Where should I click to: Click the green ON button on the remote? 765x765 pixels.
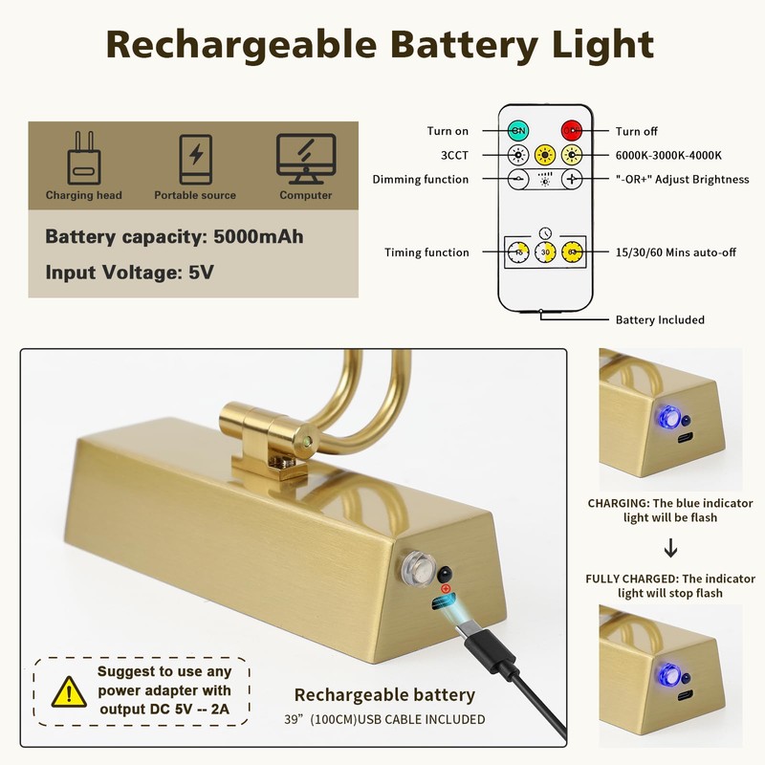(x=518, y=131)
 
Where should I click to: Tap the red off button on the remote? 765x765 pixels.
(x=572, y=131)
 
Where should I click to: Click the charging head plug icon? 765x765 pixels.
(x=83, y=159)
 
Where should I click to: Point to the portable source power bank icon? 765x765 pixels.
(x=195, y=159)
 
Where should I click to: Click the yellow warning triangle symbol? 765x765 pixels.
(x=68, y=689)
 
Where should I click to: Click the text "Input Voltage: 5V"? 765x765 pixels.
(x=129, y=273)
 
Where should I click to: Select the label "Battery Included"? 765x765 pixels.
(x=660, y=320)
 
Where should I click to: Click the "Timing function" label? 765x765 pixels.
(x=426, y=253)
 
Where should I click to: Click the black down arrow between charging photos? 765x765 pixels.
(x=670, y=548)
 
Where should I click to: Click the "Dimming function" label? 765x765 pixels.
(x=421, y=180)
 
